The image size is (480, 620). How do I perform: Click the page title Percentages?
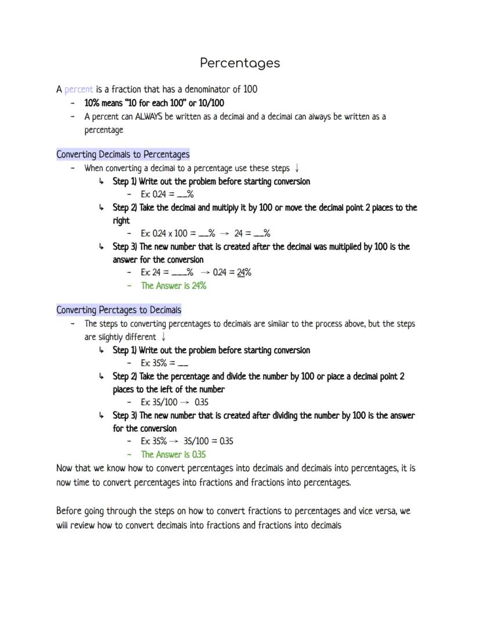239,63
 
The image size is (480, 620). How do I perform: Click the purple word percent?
78,90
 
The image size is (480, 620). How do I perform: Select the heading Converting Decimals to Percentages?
123,155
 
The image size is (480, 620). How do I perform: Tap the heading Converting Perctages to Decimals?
118,310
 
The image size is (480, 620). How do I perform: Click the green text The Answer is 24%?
173,285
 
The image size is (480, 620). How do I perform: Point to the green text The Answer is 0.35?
173,454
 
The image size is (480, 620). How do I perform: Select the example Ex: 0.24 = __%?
167,195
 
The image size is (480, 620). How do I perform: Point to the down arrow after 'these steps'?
297,168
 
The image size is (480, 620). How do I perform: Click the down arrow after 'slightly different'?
164,337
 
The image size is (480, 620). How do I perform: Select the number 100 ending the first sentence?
250,90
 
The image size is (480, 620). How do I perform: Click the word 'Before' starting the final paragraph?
69,511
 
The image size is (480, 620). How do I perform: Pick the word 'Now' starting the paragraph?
64,468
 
